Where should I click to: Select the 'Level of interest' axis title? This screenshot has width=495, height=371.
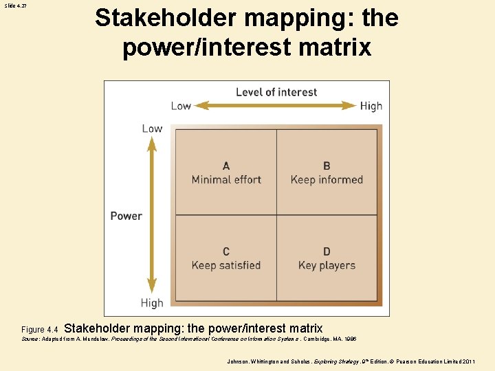click(x=276, y=92)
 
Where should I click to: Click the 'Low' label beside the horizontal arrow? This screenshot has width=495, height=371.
click(x=181, y=106)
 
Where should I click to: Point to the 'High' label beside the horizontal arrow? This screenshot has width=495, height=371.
click(x=371, y=106)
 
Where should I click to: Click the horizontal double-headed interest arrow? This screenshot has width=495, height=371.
click(x=276, y=106)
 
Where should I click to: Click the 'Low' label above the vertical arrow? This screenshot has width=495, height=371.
click(x=152, y=128)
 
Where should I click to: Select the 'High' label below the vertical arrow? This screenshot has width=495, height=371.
click(x=152, y=303)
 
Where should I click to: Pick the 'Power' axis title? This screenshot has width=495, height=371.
click(x=126, y=216)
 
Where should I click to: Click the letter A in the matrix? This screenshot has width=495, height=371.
click(x=226, y=166)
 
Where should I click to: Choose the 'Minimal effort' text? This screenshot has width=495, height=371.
click(x=226, y=180)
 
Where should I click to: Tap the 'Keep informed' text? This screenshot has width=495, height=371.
click(x=327, y=180)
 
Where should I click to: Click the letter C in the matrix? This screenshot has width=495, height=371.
click(x=226, y=251)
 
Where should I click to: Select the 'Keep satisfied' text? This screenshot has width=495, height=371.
click(x=226, y=265)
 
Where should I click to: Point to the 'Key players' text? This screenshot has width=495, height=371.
click(x=327, y=265)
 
